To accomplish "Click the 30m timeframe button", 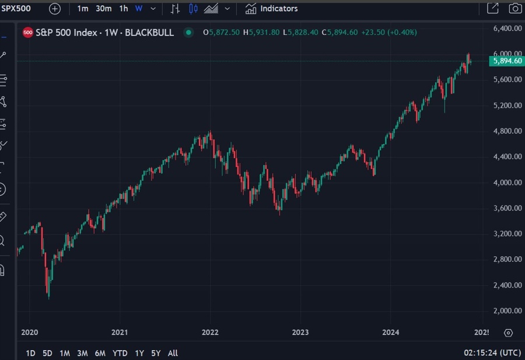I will tap(104, 9).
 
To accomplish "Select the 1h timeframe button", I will tap(124, 9).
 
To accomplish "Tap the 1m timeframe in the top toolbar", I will tap(83, 9).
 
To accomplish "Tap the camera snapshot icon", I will tap(514, 9).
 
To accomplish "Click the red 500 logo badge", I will tap(27, 33).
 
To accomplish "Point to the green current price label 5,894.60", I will tap(506, 61).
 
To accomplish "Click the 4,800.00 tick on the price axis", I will tap(507, 131).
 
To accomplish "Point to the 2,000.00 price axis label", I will tap(507, 310).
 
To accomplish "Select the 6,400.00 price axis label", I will tap(507, 28).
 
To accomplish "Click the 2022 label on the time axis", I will tap(209, 332).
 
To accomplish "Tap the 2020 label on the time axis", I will tap(29, 332).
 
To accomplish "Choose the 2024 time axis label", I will tap(390, 332).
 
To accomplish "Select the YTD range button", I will tap(120, 353).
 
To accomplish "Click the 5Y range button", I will tap(156, 353).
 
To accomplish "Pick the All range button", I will tap(173, 353).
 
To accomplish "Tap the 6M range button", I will tap(100, 353).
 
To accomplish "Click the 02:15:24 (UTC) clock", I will tap(492, 353).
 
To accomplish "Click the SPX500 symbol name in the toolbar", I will tap(16, 9).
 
